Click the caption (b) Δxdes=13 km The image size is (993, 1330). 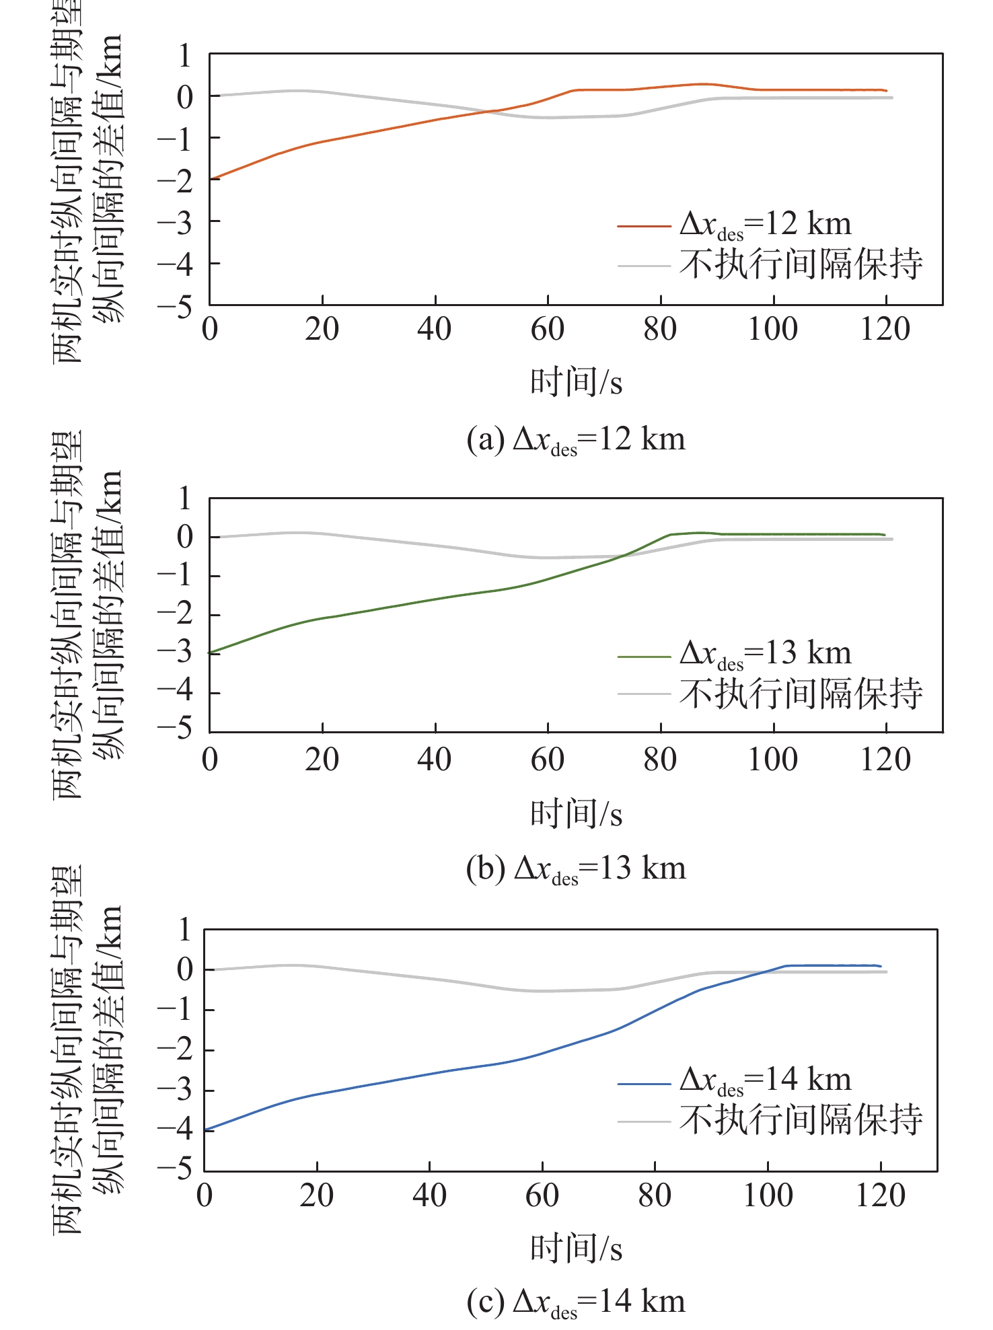point(576,869)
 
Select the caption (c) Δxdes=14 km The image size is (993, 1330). point(576,1302)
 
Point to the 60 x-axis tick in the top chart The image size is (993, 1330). point(548,330)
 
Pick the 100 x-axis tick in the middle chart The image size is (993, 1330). point(773,760)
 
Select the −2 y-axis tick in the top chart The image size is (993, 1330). point(176,180)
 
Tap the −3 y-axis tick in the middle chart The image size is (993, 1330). point(176,653)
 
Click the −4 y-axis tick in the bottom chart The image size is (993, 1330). point(176,1130)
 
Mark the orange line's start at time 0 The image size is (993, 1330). point(211,179)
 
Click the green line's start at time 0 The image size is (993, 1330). point(211,653)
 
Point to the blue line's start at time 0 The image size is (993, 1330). point(205,1130)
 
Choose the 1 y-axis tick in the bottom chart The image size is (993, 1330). point(184,930)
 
